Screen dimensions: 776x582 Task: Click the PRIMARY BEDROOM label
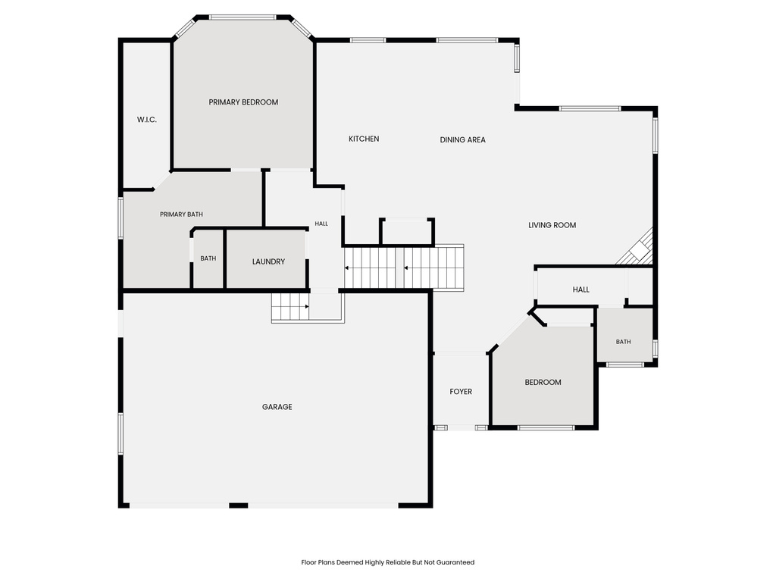point(243,102)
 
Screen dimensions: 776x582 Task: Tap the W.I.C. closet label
point(147,119)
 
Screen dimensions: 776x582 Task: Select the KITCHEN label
point(364,139)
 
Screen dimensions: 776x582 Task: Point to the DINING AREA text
point(463,139)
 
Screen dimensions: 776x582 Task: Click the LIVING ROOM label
point(552,225)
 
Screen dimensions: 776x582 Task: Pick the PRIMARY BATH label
point(181,214)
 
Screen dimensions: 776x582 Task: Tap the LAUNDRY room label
point(269,261)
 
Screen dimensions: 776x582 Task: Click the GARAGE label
point(277,407)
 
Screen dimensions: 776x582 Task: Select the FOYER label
point(461,392)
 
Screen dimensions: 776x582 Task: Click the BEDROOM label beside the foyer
point(543,382)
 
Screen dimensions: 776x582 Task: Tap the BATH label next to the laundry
point(208,258)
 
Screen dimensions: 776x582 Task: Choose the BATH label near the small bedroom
point(624,342)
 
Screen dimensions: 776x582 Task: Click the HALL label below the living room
point(581,289)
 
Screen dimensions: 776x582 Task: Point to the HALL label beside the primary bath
point(321,224)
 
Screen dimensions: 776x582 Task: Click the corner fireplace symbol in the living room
point(638,249)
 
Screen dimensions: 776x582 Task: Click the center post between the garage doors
point(239,505)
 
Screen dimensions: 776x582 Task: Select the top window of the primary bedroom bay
point(242,17)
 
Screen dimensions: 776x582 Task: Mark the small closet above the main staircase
point(406,231)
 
